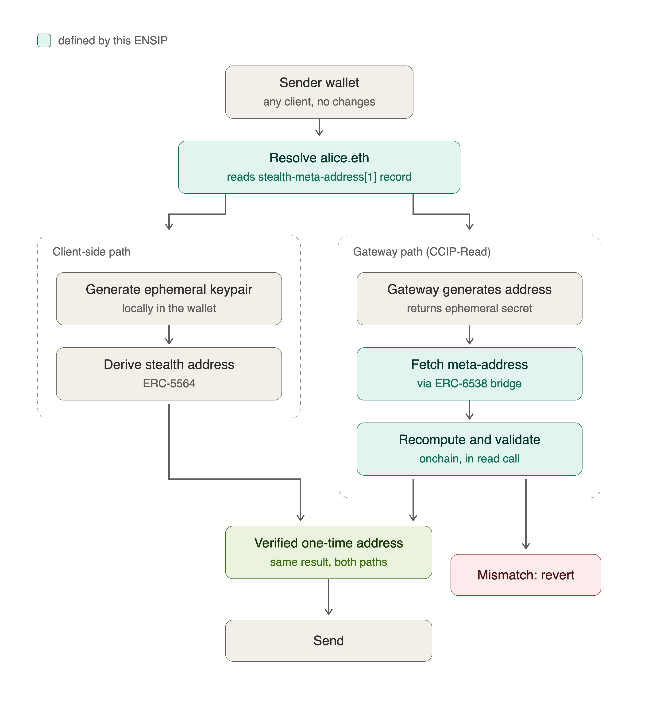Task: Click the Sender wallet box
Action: [x=319, y=92]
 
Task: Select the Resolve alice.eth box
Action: [x=319, y=167]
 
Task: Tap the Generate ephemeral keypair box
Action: [x=169, y=299]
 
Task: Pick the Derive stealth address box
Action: [x=169, y=374]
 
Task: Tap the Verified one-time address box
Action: [x=329, y=552]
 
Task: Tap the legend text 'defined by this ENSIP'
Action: [x=113, y=41]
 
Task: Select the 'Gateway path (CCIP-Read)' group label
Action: [x=422, y=252]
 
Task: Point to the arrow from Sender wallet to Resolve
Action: [x=319, y=127]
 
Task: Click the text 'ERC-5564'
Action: [x=169, y=384]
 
